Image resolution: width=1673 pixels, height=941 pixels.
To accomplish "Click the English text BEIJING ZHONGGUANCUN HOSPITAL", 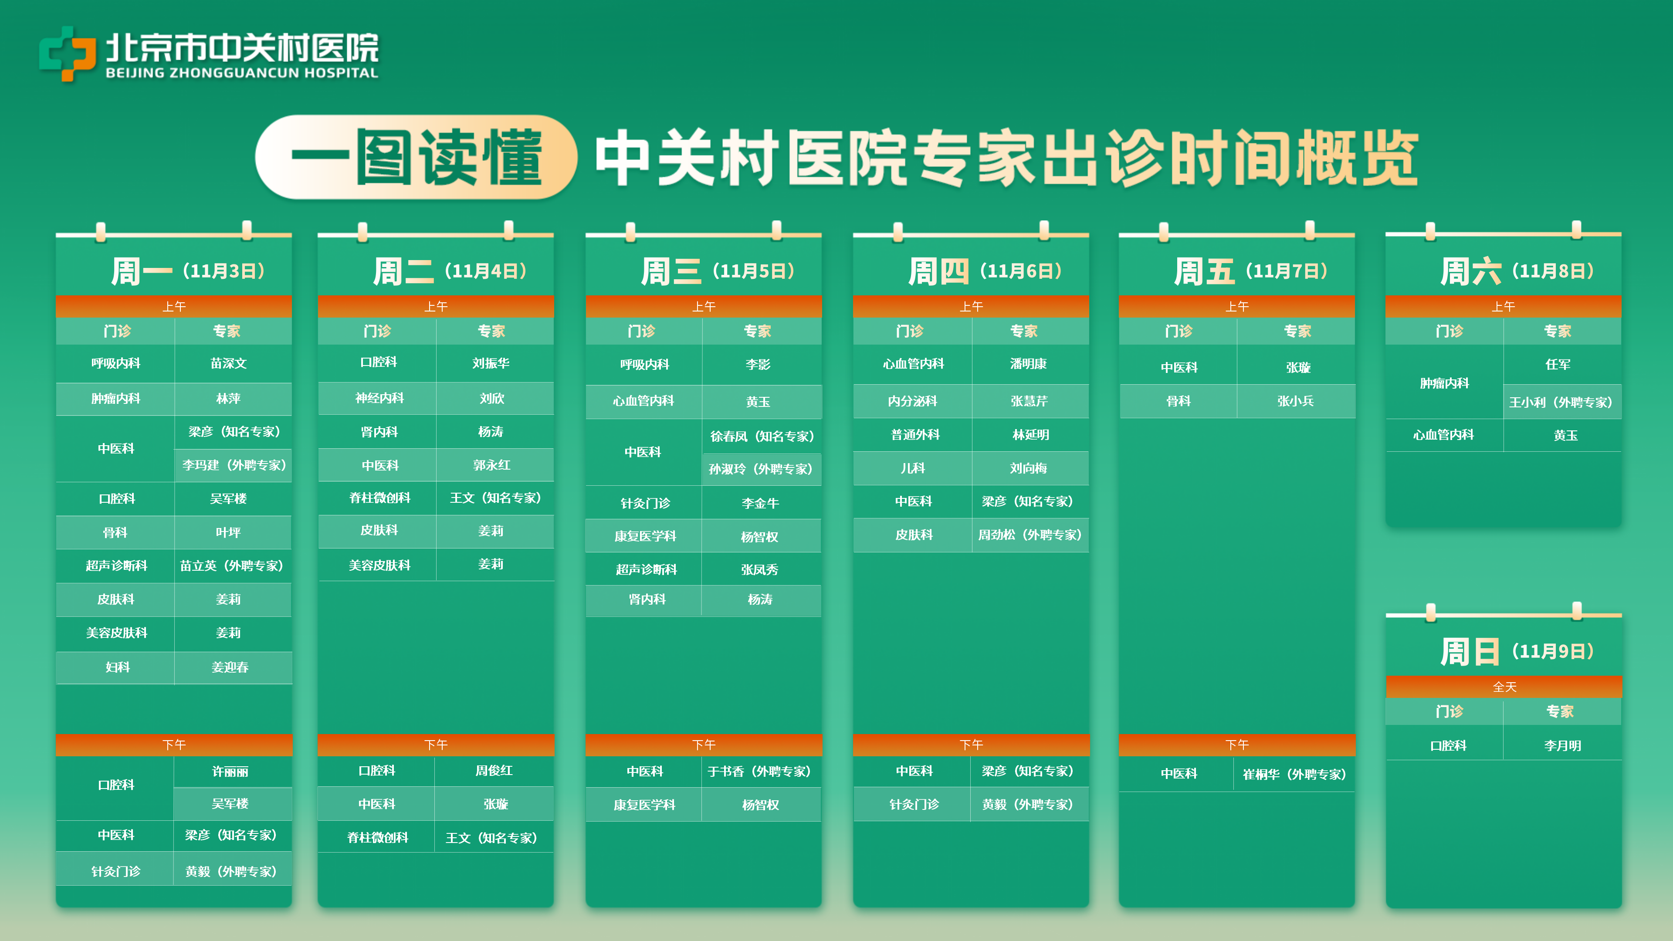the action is click(x=242, y=73).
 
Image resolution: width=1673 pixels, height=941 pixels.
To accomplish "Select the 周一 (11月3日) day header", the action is click(x=188, y=271).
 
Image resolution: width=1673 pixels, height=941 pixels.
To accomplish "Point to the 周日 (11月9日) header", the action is click(x=1517, y=651).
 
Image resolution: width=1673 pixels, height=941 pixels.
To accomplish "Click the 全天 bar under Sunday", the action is click(x=1504, y=687).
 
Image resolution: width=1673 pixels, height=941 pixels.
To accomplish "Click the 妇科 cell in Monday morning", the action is click(x=117, y=667).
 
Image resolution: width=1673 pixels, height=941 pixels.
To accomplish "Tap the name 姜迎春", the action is click(x=230, y=667).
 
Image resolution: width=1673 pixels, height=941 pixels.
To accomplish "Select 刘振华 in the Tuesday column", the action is click(x=491, y=363).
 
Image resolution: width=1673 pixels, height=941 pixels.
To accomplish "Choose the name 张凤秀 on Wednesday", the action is click(x=760, y=569).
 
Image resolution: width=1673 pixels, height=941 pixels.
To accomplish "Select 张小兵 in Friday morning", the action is click(x=1296, y=401).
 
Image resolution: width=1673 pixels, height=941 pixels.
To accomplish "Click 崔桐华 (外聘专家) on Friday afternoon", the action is click(x=1294, y=774).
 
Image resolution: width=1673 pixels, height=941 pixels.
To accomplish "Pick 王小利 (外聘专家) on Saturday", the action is click(x=1561, y=402).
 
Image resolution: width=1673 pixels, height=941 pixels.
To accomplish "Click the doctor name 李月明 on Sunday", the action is click(x=1563, y=745).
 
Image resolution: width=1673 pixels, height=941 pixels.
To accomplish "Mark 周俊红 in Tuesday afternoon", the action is click(x=494, y=771).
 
